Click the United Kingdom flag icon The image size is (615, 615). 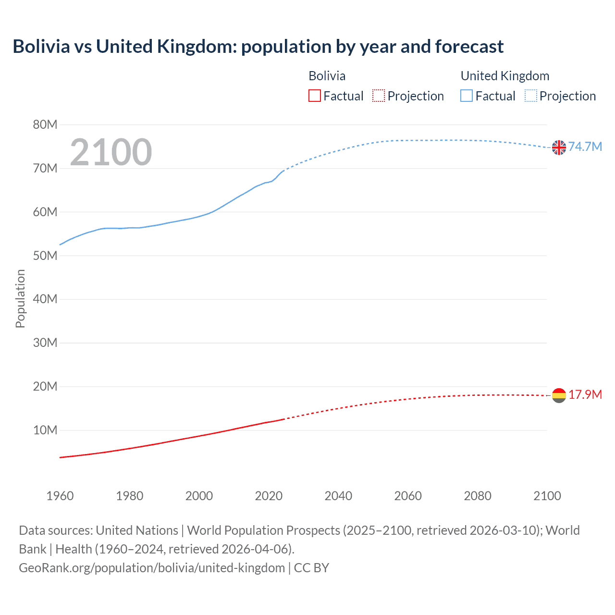point(559,148)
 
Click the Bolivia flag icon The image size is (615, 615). point(559,395)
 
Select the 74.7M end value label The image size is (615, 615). point(585,147)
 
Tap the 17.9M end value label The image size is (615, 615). point(585,394)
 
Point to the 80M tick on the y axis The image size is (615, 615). point(45,125)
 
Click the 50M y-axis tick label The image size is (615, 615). point(45,256)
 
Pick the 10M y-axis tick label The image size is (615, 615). point(45,430)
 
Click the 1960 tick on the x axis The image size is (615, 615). point(60,496)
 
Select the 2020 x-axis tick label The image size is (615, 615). point(269,496)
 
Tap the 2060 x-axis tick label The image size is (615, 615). point(408,496)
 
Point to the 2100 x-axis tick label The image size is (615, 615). point(547,496)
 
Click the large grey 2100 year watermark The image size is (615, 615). point(111,152)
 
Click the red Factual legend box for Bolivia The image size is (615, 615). point(315,96)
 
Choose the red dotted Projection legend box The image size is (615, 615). point(379,96)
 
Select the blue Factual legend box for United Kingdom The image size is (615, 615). point(467,96)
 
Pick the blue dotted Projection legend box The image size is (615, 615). point(531,96)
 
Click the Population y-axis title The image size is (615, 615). point(20,298)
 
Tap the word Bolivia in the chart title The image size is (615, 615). point(41,47)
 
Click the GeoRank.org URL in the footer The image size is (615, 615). point(152,568)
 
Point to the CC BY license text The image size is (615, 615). point(311,568)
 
